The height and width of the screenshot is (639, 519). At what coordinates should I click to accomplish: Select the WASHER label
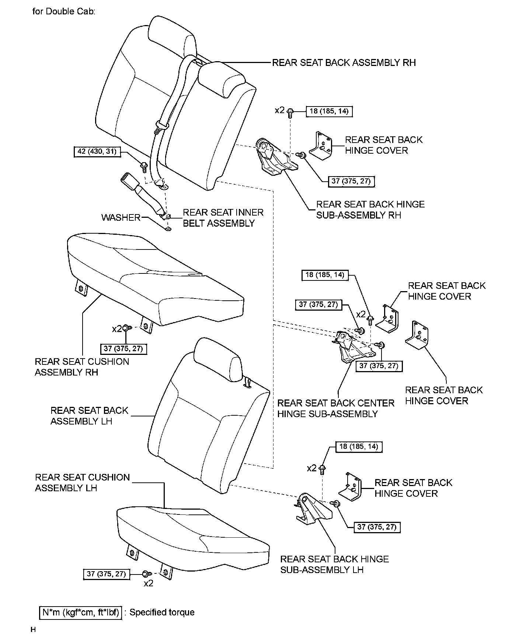(121, 217)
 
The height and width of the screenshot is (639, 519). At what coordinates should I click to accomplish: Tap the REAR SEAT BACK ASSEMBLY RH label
(344, 63)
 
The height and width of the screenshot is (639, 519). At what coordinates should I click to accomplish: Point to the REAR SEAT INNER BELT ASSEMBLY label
(223, 218)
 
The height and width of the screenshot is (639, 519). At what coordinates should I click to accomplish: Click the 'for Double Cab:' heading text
(64, 11)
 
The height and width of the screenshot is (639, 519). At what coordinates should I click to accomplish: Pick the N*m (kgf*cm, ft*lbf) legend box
(80, 612)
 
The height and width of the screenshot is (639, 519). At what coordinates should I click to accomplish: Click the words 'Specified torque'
(162, 612)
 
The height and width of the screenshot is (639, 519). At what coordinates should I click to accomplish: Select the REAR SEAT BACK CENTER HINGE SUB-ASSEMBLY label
(335, 408)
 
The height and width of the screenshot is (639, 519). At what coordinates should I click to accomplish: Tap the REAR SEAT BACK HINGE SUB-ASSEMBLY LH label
(334, 564)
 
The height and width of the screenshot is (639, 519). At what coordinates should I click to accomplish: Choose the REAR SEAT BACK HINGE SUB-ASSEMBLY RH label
(370, 210)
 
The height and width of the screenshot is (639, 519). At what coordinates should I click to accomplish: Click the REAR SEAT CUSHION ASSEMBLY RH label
(82, 367)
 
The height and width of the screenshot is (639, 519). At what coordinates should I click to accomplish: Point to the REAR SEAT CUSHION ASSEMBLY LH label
(82, 482)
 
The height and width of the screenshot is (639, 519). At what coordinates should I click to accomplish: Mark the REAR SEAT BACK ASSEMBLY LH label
(89, 416)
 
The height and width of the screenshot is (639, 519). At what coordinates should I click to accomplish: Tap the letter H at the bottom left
(33, 630)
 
